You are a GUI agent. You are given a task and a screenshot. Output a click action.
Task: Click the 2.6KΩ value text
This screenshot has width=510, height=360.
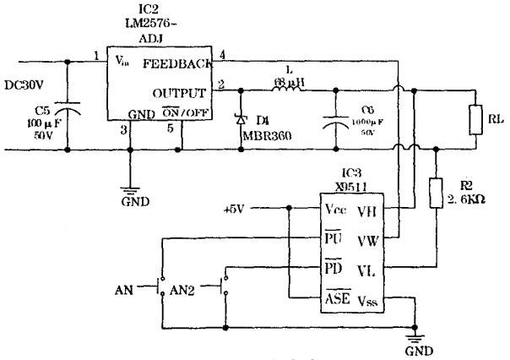click(466, 200)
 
